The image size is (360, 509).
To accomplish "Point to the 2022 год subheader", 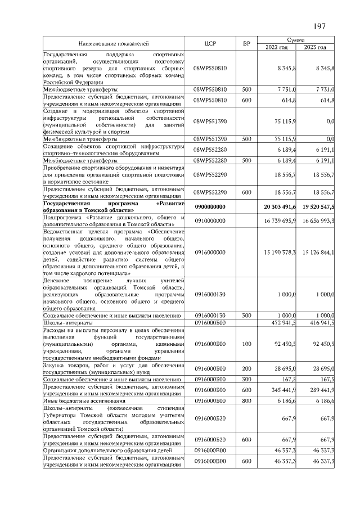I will click(x=276, y=47).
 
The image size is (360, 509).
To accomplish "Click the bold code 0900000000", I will click(x=209, y=207).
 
